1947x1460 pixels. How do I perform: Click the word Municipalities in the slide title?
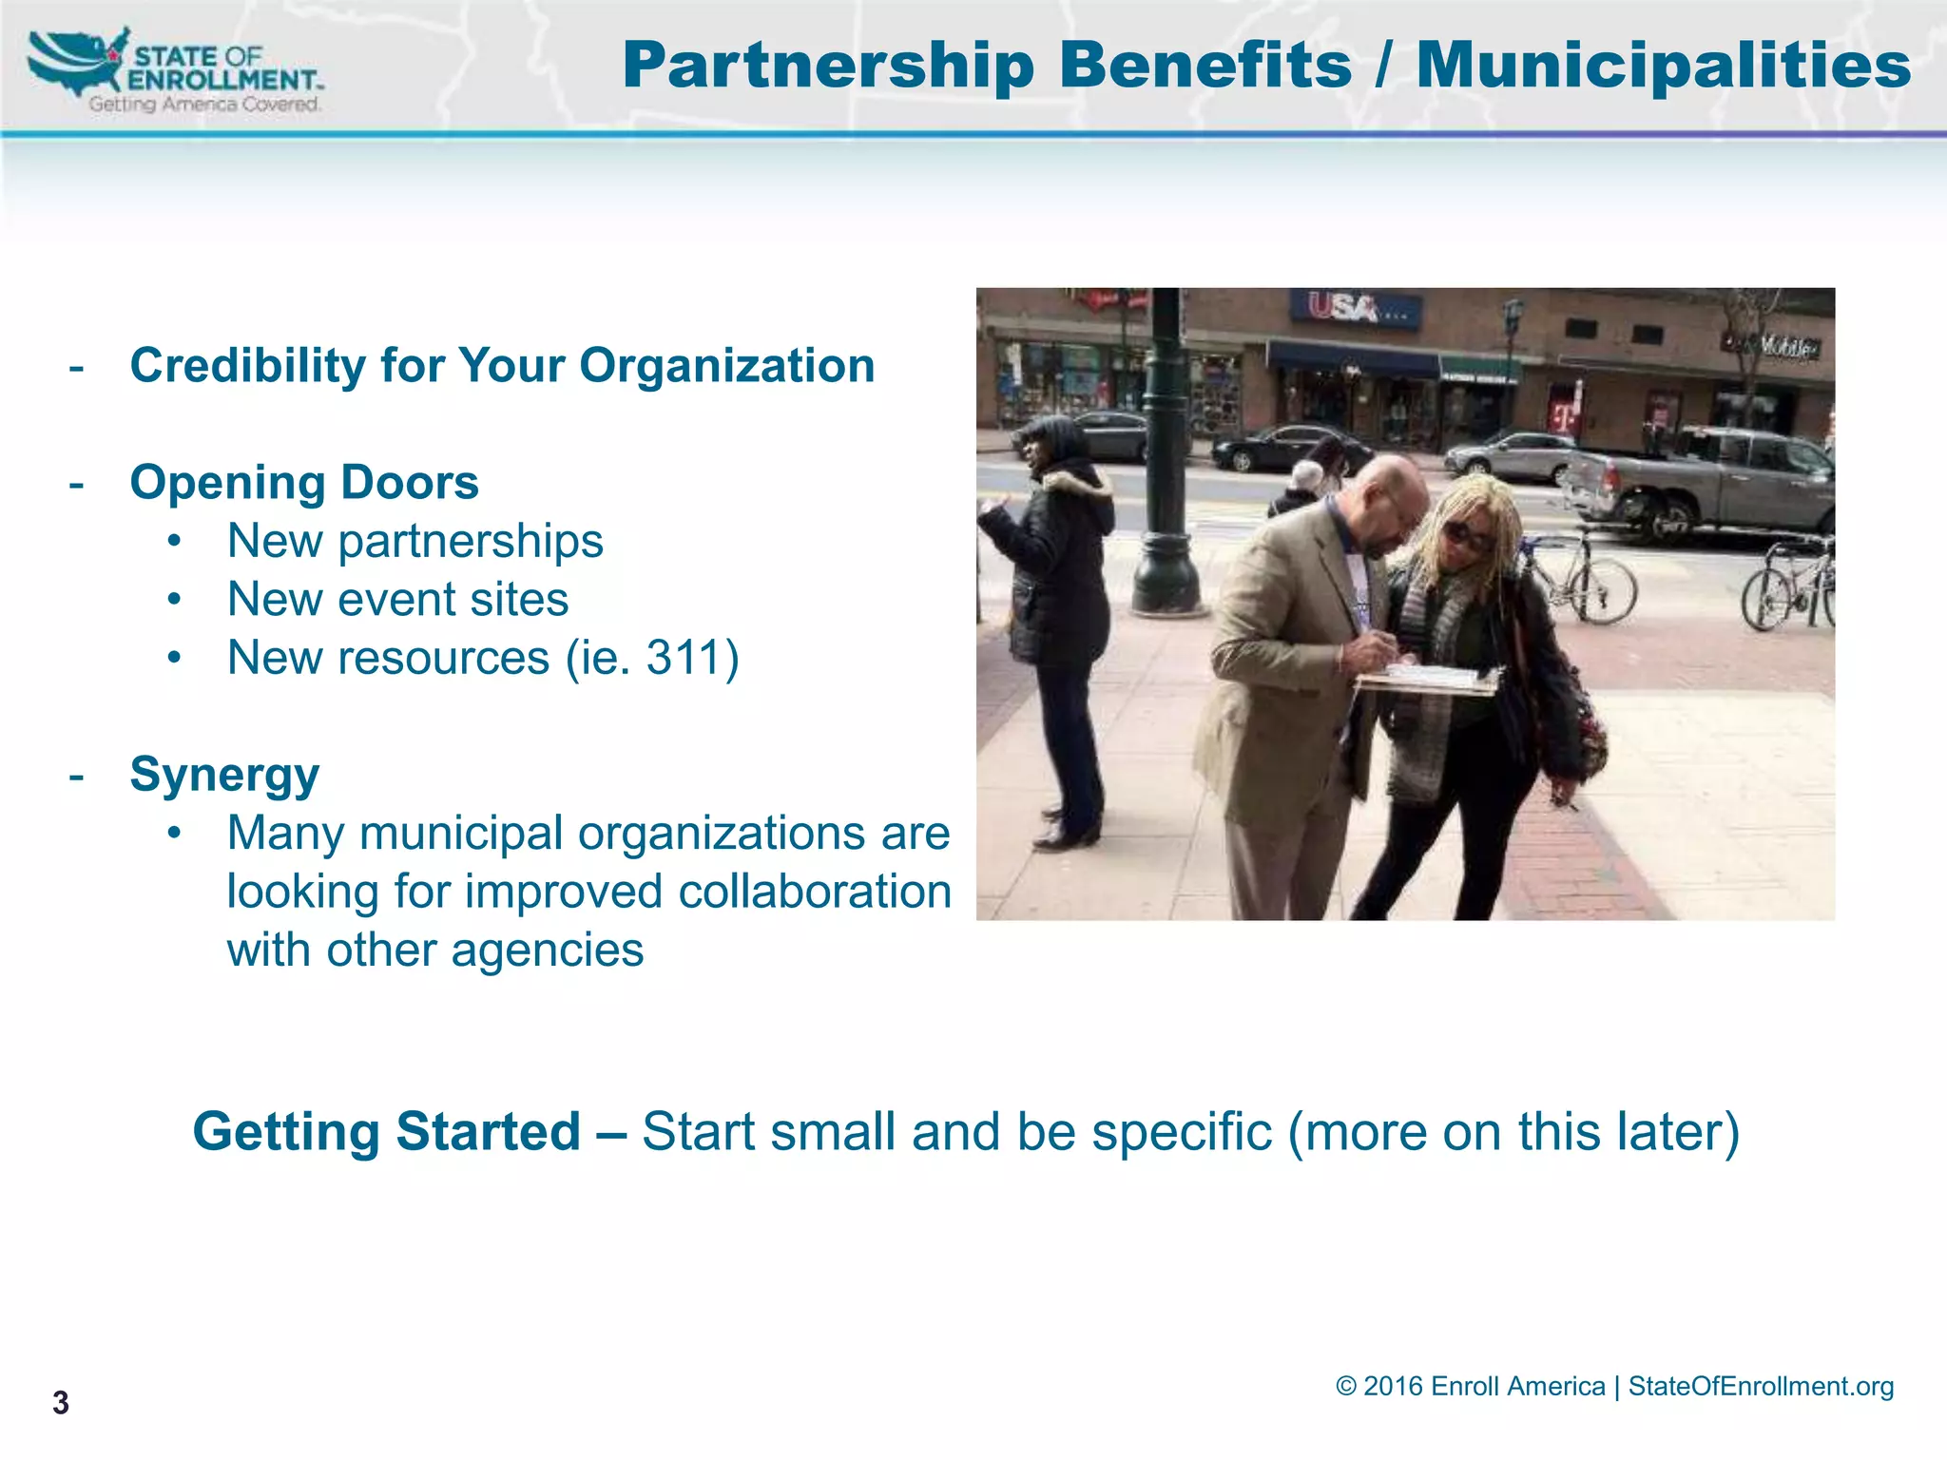[1663, 67]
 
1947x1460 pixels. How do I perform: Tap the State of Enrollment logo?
[176, 71]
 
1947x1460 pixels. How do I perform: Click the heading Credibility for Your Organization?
[502, 366]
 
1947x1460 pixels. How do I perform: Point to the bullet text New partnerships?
[414, 542]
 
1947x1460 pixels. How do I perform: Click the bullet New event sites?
[397, 600]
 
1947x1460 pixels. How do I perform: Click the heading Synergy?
[224, 775]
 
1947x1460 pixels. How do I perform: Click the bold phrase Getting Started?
[386, 1132]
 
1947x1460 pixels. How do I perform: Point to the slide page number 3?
[61, 1403]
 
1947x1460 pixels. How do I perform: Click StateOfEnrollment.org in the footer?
[1760, 1387]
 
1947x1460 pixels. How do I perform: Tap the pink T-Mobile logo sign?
[1564, 415]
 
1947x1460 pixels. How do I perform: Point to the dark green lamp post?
[1166, 456]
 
